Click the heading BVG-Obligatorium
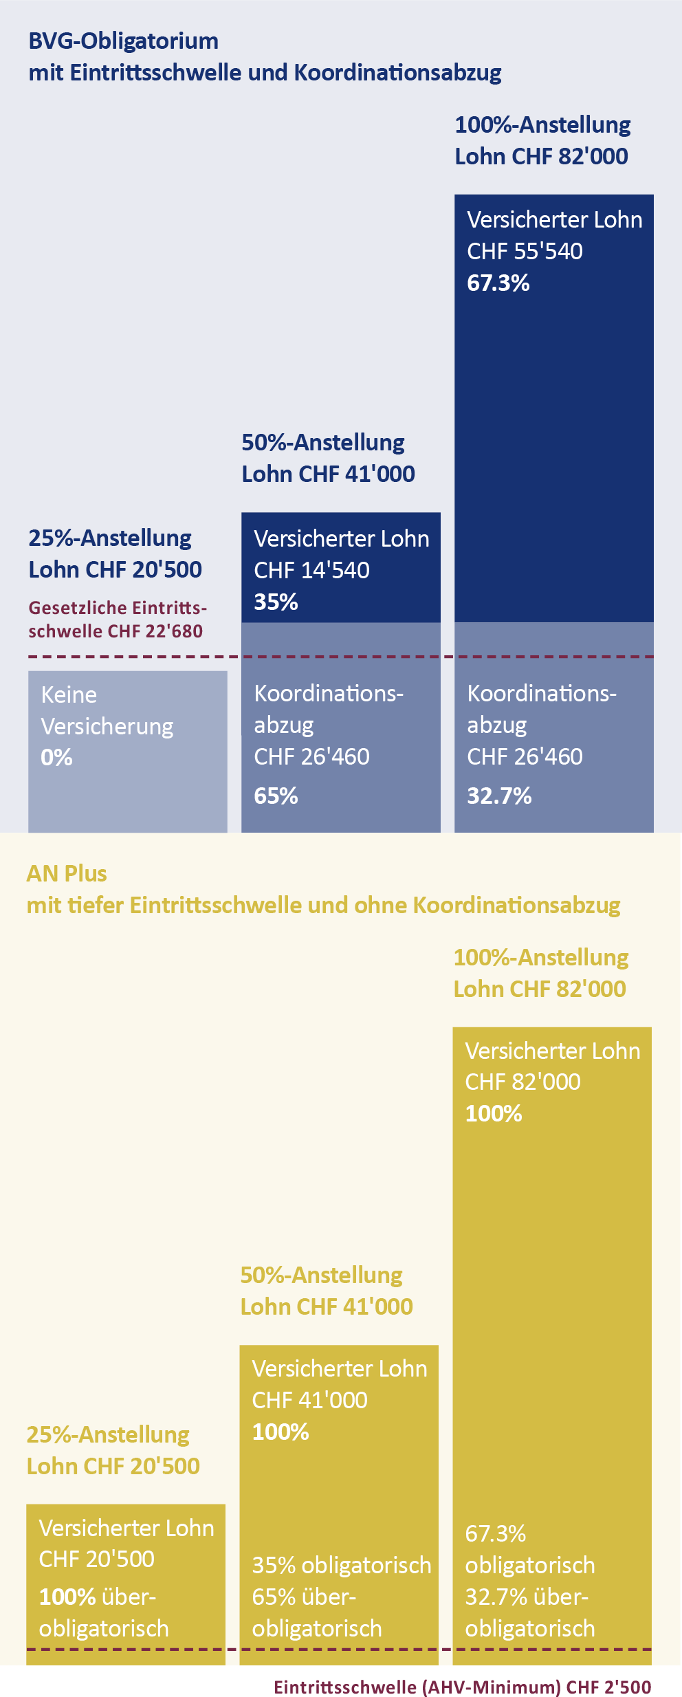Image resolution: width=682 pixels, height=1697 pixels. (x=124, y=41)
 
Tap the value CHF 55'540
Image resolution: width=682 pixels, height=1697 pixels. (x=525, y=252)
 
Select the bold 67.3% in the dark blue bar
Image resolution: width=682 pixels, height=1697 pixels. (x=498, y=283)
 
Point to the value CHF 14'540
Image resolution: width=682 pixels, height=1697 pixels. (x=311, y=570)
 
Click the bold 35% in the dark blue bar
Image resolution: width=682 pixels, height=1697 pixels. (x=276, y=602)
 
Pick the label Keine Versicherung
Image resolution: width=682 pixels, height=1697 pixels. (x=107, y=710)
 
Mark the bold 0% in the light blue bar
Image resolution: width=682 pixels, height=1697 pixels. (x=56, y=758)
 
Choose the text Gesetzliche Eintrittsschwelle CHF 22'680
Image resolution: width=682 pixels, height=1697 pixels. (x=117, y=620)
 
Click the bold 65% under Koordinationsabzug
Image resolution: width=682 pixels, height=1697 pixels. (x=276, y=796)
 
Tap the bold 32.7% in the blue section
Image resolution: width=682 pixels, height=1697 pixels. (x=499, y=796)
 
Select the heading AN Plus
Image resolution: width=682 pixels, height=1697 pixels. (x=67, y=874)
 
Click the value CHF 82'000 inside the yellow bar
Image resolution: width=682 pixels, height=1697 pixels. (x=522, y=1082)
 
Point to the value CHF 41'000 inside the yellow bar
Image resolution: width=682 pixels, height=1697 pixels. (x=309, y=1400)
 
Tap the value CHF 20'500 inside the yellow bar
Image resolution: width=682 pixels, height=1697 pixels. (x=96, y=1559)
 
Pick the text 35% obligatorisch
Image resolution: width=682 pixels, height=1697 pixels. (x=341, y=1565)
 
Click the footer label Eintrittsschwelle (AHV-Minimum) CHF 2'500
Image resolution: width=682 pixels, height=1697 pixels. (x=462, y=1682)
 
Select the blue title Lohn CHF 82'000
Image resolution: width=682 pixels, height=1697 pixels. (x=541, y=157)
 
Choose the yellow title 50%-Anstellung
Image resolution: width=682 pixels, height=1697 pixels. (x=321, y=1276)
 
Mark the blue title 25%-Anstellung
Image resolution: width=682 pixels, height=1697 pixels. (x=110, y=538)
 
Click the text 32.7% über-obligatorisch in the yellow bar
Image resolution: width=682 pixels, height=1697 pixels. (x=529, y=1612)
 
